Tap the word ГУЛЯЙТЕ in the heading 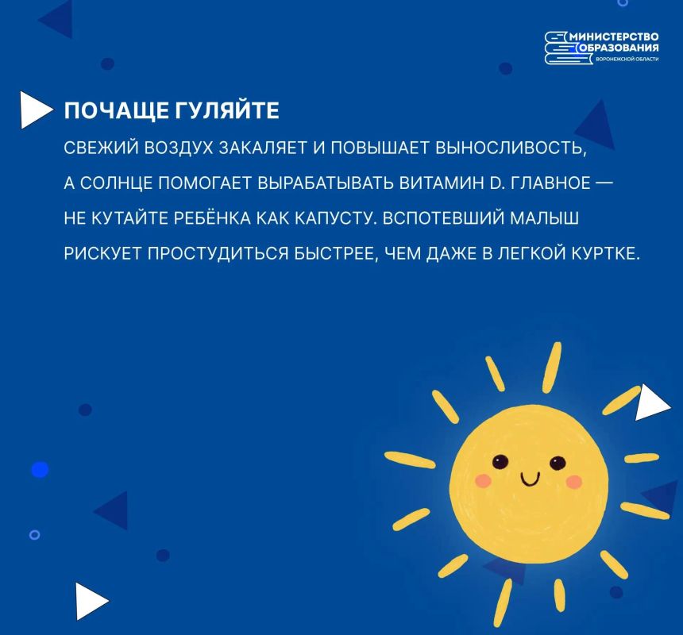point(227,110)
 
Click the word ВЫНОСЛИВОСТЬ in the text point(511,148)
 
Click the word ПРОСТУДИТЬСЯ point(218,253)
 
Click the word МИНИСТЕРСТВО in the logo point(614,37)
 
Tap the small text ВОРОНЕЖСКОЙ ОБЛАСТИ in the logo point(627,60)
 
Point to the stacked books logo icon point(560,48)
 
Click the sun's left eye point(500,461)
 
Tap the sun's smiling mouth point(530,479)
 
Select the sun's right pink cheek point(574,481)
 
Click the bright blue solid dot point(40,470)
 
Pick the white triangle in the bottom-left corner point(91,601)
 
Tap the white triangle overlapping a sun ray point(652,402)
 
